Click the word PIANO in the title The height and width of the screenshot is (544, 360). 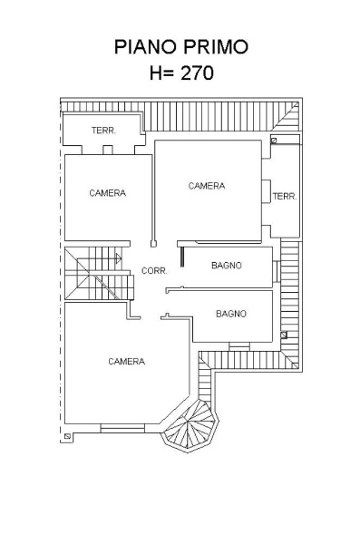[x=146, y=47]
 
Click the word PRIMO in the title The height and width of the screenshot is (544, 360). [x=216, y=47]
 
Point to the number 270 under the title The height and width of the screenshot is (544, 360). [x=197, y=73]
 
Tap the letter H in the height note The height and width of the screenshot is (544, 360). [x=156, y=73]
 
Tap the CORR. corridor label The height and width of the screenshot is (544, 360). [x=154, y=270]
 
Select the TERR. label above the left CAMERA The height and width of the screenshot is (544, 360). [x=103, y=131]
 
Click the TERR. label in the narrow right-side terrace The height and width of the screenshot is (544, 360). [x=285, y=197]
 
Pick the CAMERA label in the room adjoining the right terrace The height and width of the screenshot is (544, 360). [x=207, y=186]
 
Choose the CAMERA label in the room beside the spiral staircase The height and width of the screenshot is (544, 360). [x=126, y=362]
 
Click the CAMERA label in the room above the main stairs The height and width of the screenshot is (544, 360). [x=108, y=193]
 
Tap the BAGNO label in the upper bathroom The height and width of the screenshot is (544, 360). [x=227, y=266]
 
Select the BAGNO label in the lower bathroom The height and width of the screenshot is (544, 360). [x=231, y=314]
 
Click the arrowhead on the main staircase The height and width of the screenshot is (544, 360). [x=119, y=258]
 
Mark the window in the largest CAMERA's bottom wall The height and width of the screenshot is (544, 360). [x=122, y=428]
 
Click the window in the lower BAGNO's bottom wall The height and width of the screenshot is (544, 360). [x=239, y=346]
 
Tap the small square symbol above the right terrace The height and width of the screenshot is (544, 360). [x=274, y=141]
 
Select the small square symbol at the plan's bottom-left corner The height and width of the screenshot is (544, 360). [x=67, y=436]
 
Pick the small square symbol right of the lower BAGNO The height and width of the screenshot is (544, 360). [x=284, y=335]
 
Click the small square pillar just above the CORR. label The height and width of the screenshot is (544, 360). [x=153, y=244]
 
